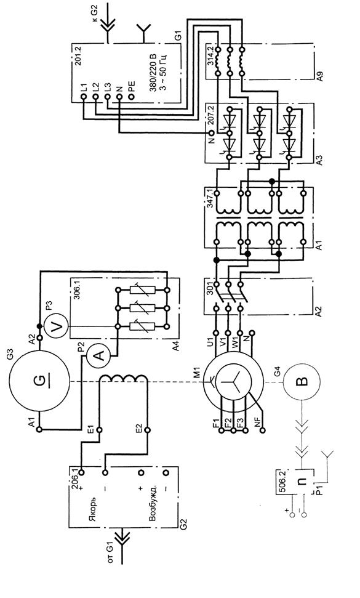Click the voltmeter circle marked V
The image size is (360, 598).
pyautogui.click(x=57, y=327)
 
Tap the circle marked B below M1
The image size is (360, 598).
pyautogui.click(x=301, y=381)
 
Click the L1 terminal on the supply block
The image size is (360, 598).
pyautogui.click(x=84, y=97)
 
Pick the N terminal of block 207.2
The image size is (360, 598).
pyautogui.click(x=212, y=133)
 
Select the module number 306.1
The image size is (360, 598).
pyautogui.click(x=76, y=291)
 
